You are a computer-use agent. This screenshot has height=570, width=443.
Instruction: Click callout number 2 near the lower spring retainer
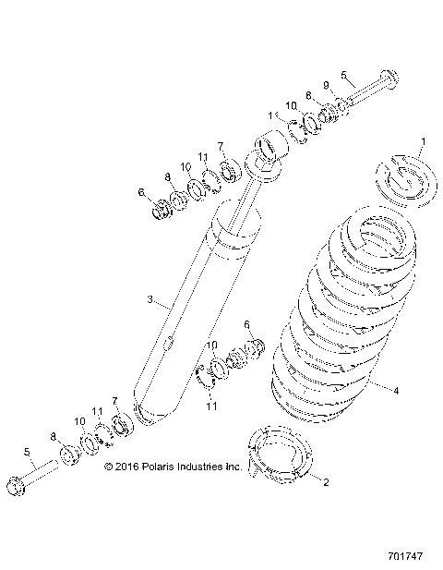325,480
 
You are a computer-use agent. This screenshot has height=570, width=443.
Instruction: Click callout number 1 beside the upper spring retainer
423,141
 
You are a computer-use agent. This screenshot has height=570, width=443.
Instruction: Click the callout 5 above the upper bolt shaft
344,75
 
